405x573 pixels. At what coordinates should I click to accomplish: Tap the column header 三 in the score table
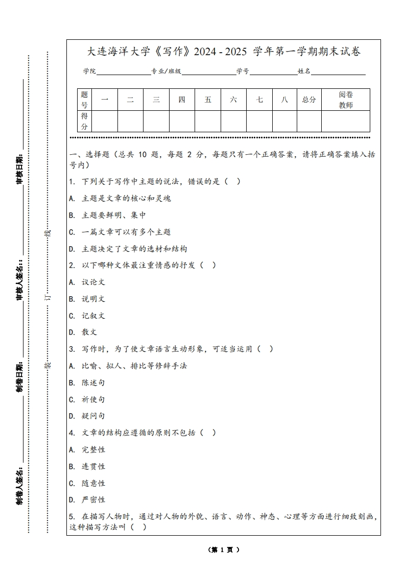pos(156,100)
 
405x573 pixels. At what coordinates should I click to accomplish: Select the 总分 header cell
pos(309,100)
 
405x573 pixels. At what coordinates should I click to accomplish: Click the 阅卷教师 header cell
pos(346,100)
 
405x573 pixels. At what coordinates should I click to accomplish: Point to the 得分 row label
pos(84,121)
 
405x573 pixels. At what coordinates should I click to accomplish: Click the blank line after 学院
pos(123,71)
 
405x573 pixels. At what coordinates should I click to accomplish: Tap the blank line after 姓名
pos(338,71)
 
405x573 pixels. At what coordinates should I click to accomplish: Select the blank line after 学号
pos(273,71)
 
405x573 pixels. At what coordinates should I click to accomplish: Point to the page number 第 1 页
pos(224,550)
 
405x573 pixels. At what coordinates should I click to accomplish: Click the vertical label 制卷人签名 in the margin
pos(19,484)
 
